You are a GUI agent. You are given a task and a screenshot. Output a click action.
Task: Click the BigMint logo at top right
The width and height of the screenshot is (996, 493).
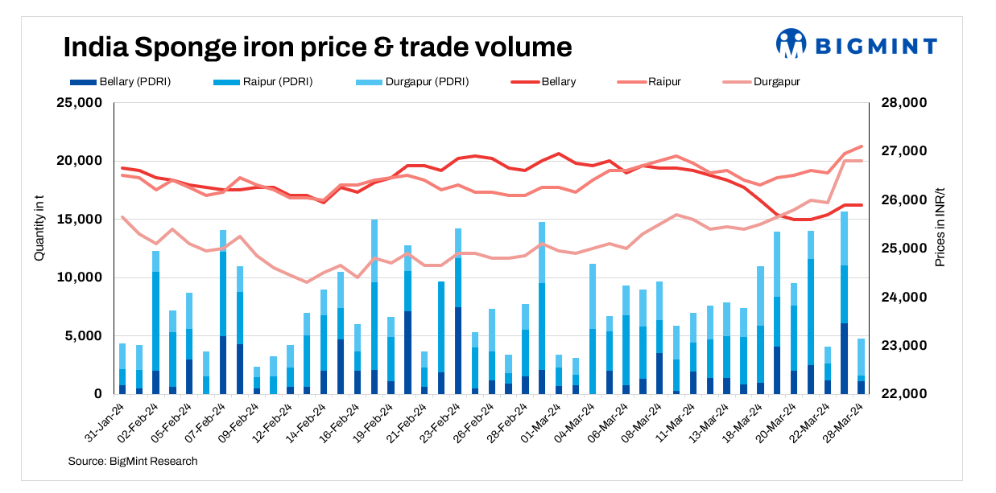click(856, 45)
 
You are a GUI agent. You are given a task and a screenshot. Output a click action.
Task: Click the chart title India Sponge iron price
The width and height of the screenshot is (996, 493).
click(317, 47)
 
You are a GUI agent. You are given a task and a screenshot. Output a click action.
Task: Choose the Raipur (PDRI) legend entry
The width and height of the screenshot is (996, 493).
click(266, 81)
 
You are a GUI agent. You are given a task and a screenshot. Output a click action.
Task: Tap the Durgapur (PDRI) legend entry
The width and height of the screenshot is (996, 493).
click(414, 81)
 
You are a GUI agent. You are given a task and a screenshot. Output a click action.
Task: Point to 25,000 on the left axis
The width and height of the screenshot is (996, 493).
click(79, 103)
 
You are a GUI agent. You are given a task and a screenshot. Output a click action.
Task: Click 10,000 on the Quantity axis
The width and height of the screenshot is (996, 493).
click(79, 277)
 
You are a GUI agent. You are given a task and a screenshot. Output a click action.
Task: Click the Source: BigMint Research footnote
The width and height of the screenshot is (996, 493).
click(133, 461)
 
